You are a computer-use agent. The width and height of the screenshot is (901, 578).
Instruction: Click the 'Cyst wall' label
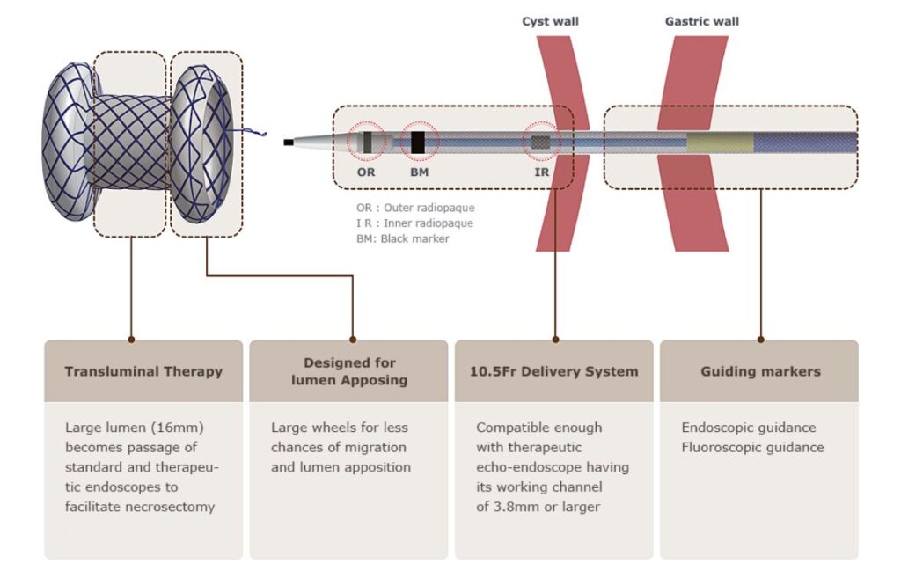point(550,21)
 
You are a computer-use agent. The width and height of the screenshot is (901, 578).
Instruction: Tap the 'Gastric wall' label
point(701,21)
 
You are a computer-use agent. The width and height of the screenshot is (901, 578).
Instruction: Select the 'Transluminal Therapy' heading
point(143,371)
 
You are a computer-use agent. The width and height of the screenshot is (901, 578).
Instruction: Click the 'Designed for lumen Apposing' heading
point(349,371)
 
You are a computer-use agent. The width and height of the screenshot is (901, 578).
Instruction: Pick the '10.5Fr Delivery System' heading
point(553,371)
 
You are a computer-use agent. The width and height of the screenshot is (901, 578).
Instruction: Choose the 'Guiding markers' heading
point(760,371)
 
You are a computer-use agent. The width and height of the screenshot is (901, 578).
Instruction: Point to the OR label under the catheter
point(366,172)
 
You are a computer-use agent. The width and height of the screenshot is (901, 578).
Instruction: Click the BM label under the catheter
point(419,172)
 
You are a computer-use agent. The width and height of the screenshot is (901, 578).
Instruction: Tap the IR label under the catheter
point(541,172)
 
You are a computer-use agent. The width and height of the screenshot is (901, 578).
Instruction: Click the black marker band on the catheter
point(419,142)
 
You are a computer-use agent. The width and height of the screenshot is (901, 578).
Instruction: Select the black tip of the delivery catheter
point(289,142)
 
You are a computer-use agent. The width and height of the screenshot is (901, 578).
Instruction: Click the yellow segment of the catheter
point(720,142)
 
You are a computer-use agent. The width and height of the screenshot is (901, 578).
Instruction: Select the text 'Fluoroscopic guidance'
point(752,447)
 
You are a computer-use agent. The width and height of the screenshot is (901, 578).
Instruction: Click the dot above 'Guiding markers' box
point(760,339)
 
